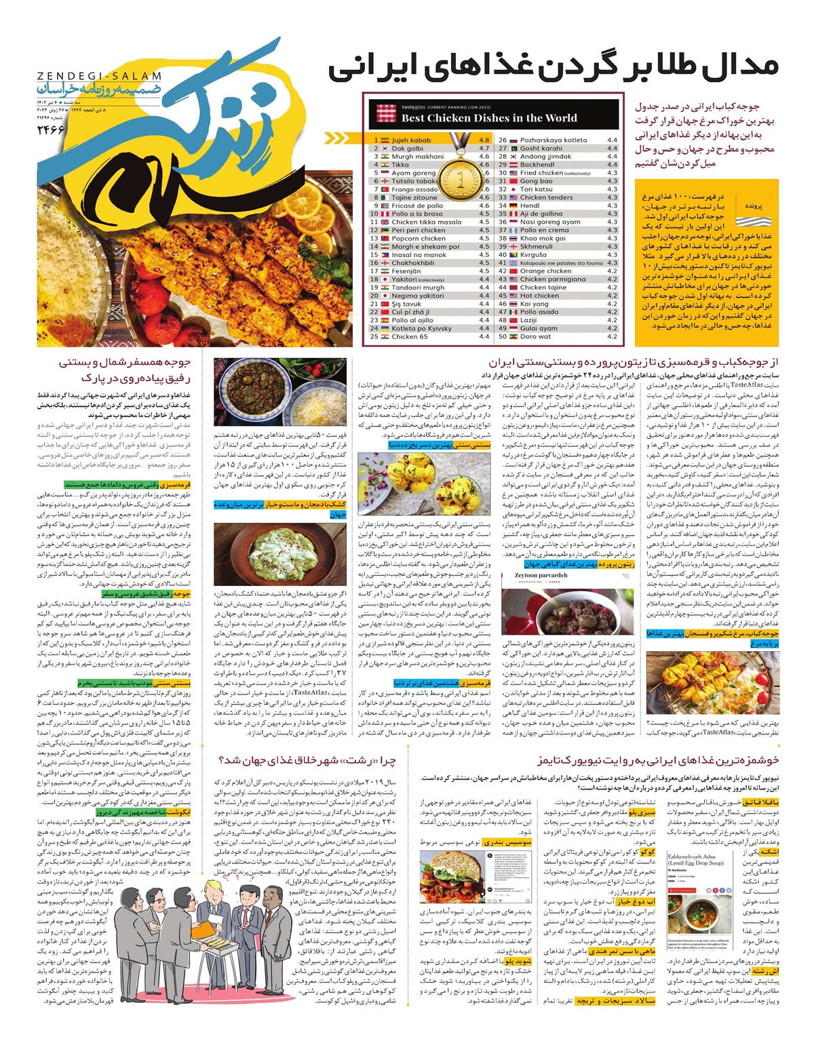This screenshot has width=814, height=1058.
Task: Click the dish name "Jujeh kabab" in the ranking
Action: click(x=411, y=140)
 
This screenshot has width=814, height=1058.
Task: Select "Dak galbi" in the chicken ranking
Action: click(x=407, y=149)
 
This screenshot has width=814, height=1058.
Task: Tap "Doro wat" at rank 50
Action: click(x=535, y=336)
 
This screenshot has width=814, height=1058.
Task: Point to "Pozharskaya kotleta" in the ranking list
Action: click(x=554, y=140)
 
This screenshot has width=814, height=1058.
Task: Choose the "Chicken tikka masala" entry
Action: click(x=426, y=222)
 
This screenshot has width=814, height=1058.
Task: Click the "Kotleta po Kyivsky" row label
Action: click(x=421, y=328)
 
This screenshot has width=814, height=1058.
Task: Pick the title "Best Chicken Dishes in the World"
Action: click(x=489, y=118)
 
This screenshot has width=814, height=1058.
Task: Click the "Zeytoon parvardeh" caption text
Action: click(x=541, y=575)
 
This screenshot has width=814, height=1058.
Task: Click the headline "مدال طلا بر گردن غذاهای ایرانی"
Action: click(x=553, y=68)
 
